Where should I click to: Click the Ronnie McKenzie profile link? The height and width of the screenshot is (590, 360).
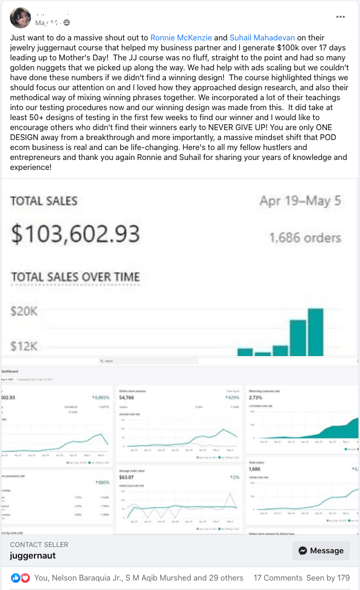click(181, 38)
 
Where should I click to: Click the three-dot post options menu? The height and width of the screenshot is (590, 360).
click(341, 17)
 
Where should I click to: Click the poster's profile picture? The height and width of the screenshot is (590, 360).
click(20, 18)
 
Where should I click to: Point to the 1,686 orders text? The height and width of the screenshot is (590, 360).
click(305, 238)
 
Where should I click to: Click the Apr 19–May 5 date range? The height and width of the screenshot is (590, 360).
click(300, 201)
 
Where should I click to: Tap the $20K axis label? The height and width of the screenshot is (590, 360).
click(24, 311)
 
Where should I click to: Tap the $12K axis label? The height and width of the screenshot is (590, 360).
click(24, 346)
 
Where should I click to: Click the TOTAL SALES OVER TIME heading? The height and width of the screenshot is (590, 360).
click(75, 277)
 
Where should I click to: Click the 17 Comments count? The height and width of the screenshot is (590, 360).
click(278, 578)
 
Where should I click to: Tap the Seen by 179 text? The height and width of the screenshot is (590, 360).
click(328, 578)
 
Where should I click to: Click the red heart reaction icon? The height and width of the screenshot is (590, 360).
click(25, 578)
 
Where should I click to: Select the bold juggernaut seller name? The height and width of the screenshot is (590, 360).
click(33, 555)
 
